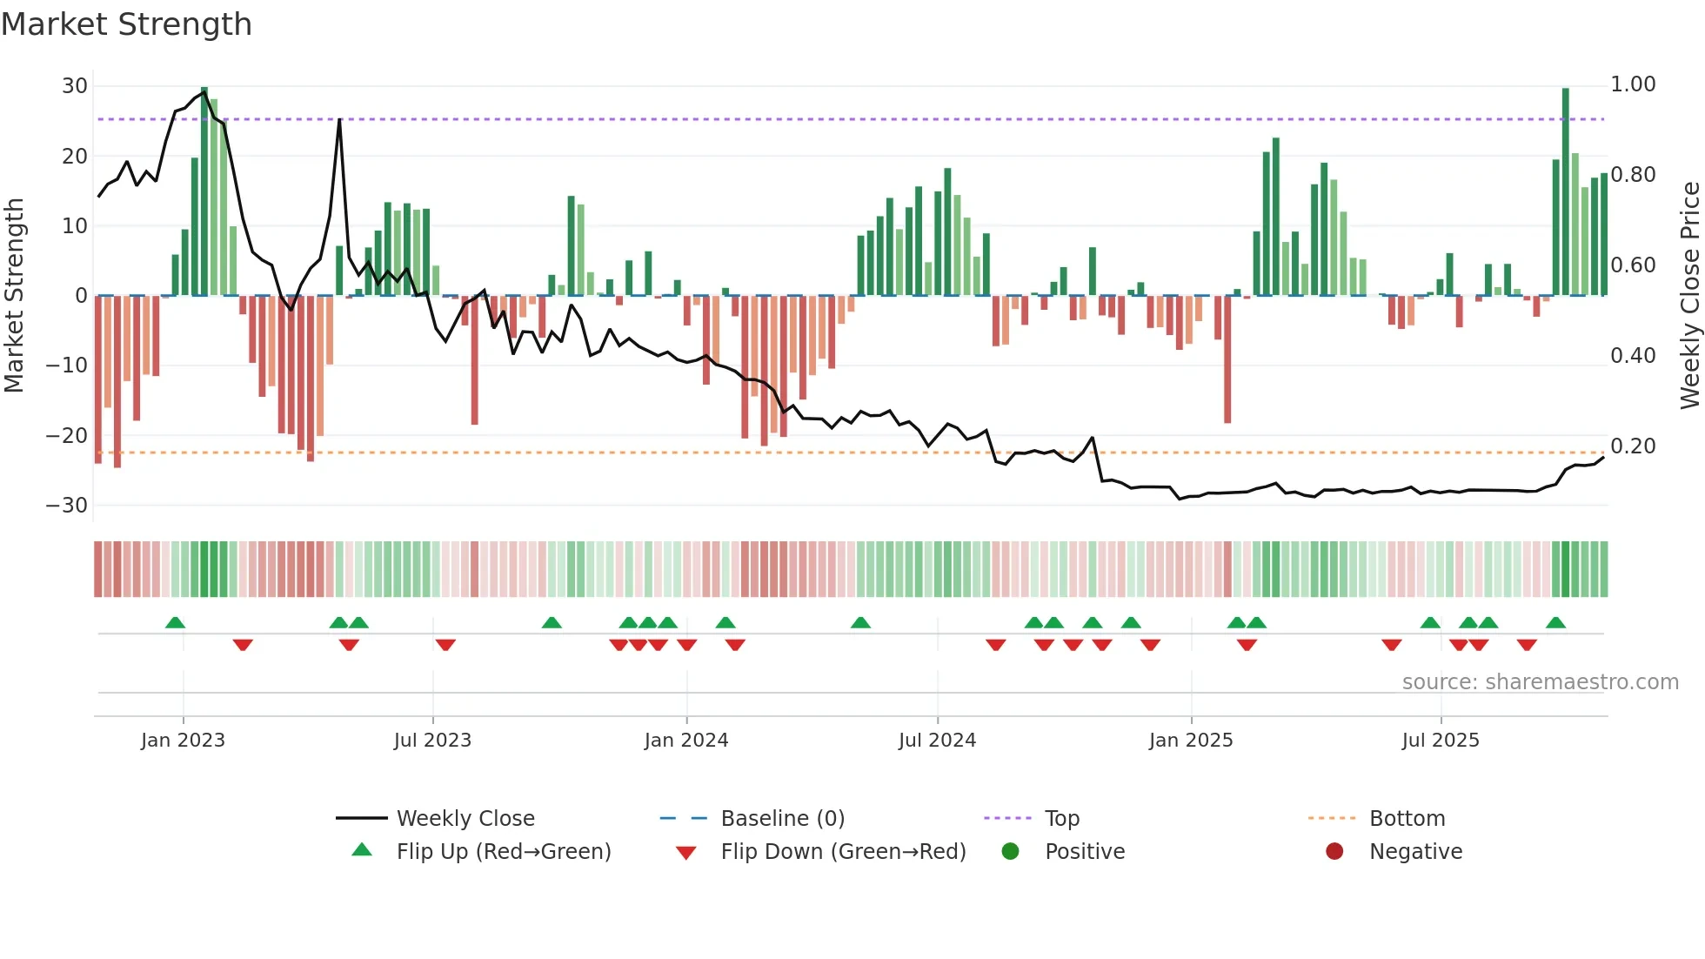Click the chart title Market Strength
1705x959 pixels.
[126, 24]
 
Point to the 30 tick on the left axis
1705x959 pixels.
[75, 86]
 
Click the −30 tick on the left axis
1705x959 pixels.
[67, 506]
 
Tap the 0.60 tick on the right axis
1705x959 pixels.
[1633, 265]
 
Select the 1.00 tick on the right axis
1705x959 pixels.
[1633, 84]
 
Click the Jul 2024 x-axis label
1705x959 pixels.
[937, 741]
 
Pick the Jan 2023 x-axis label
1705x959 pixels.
[183, 741]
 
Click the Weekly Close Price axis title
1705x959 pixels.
[1689, 296]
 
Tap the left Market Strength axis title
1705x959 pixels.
[15, 296]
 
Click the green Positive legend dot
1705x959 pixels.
[1010, 852]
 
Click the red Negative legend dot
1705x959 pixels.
[1334, 852]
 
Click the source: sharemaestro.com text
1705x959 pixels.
[1540, 682]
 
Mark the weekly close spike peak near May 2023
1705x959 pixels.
[339, 119]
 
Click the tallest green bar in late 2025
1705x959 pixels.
[1565, 191]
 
